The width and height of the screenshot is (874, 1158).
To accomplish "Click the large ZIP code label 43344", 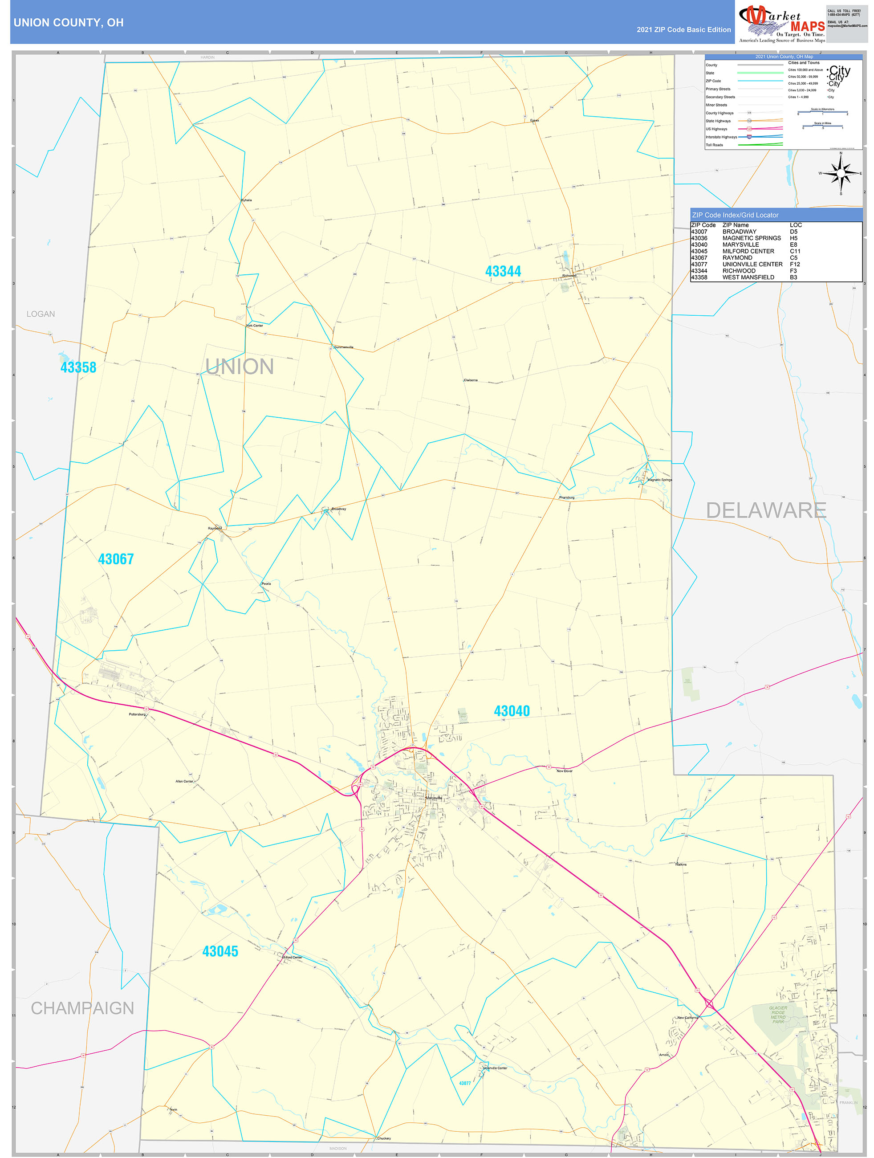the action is pyautogui.click(x=503, y=271).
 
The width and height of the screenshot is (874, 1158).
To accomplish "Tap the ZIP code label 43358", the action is pyautogui.click(x=78, y=367).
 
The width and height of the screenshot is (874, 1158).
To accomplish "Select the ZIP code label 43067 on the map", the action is pyautogui.click(x=116, y=559).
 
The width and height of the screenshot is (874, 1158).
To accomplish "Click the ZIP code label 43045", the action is pyautogui.click(x=220, y=951).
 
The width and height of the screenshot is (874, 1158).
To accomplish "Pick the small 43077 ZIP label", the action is pyautogui.click(x=465, y=1083).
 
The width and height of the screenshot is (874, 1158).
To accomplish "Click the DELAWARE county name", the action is pyautogui.click(x=766, y=510).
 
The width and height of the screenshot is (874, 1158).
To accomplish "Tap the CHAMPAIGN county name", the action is pyautogui.click(x=82, y=1008).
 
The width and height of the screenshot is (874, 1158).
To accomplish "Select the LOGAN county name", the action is pyautogui.click(x=41, y=314).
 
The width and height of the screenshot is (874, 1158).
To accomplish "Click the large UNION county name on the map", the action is pyautogui.click(x=239, y=367).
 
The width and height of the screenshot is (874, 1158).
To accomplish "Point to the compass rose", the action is pyautogui.click(x=841, y=173).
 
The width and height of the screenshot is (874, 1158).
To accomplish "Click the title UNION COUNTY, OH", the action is pyautogui.click(x=69, y=23).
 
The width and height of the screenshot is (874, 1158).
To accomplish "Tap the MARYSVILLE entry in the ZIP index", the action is pyautogui.click(x=740, y=245).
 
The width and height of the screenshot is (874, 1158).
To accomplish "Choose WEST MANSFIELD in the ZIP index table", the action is pyautogui.click(x=748, y=277).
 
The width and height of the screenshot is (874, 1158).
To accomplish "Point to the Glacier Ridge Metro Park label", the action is pyautogui.click(x=778, y=1015).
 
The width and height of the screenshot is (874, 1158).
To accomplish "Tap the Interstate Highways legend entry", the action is pyautogui.click(x=721, y=137).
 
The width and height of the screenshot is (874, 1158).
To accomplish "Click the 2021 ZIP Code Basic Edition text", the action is pyautogui.click(x=683, y=30).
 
